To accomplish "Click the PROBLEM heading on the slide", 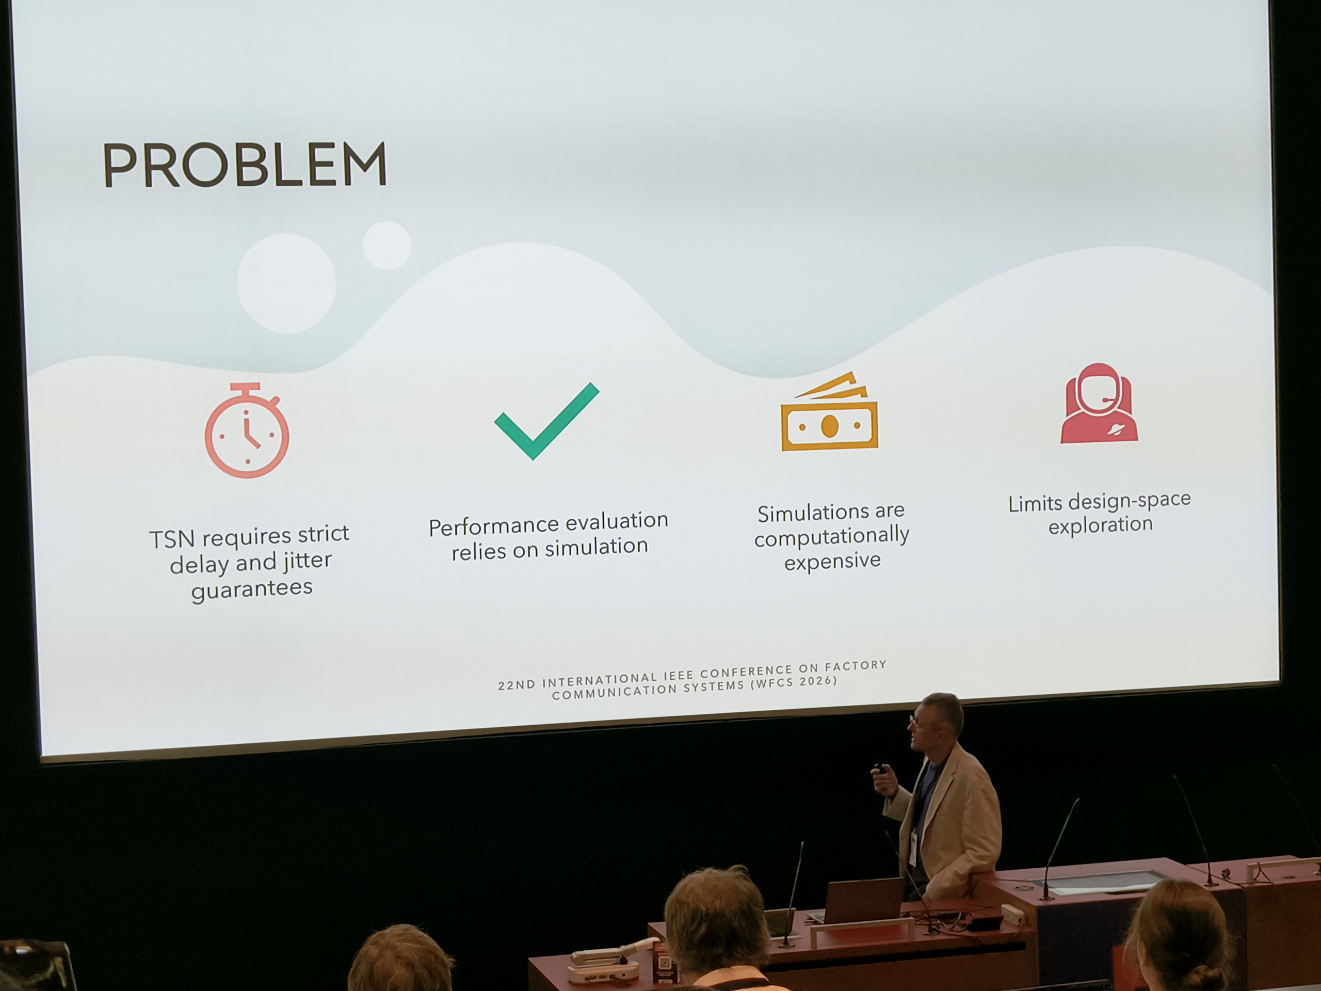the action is click(245, 165).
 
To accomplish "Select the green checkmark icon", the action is click(546, 421).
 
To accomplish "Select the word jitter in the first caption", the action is click(307, 561).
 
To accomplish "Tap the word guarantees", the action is click(251, 589).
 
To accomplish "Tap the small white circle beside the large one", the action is click(387, 246).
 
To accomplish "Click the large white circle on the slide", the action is click(287, 283).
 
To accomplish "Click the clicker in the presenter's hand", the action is click(879, 769).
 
